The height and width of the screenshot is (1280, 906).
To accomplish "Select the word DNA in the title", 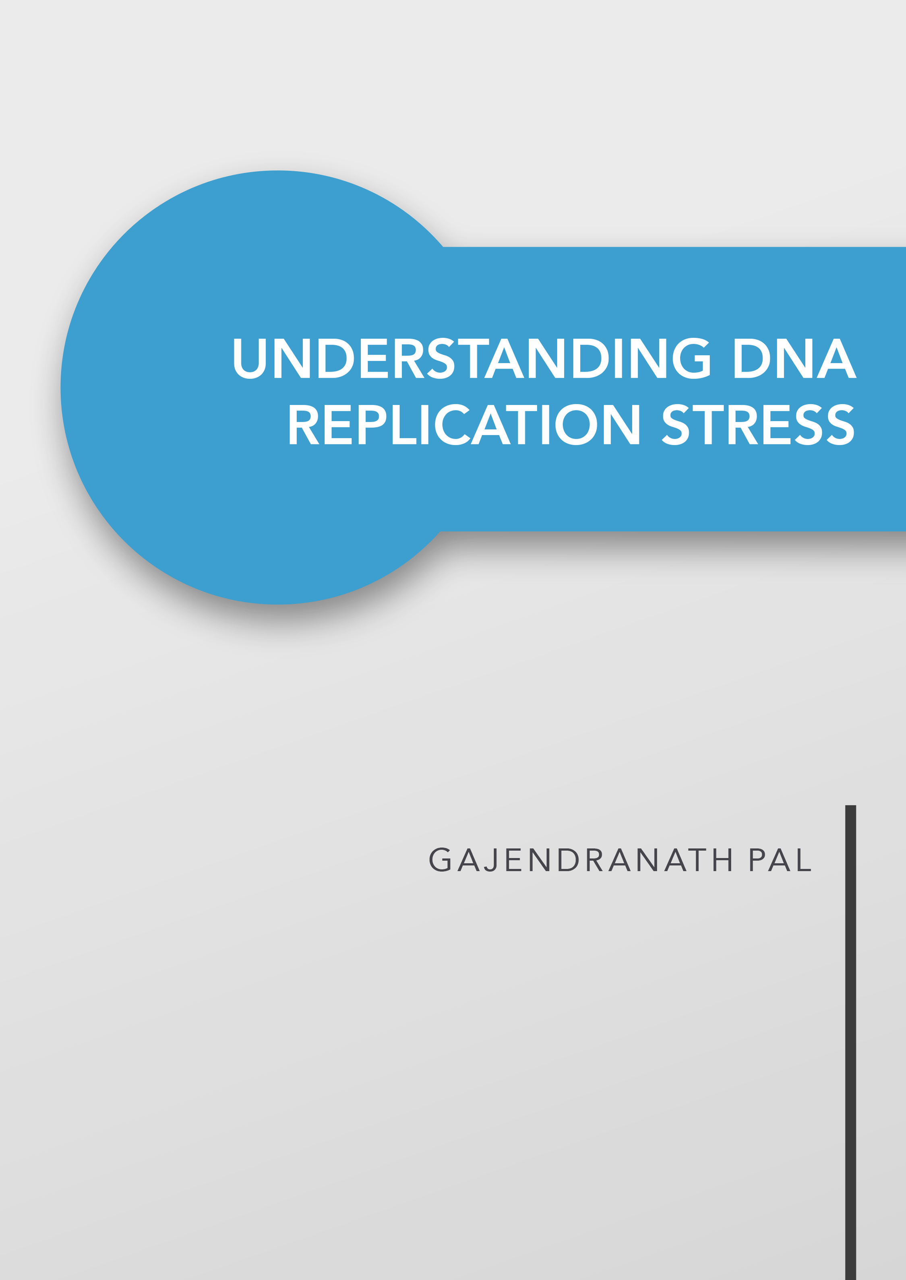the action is pos(795,358).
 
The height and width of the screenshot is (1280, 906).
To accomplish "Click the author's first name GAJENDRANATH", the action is pos(581,859).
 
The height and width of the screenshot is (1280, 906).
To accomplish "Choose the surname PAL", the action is pos(780,859).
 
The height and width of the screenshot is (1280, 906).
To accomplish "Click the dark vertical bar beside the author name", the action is pos(850,1042).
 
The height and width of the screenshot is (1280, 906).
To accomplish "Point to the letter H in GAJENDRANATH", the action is pos(722,859).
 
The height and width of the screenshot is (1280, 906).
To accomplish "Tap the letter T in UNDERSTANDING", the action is pos(473,358).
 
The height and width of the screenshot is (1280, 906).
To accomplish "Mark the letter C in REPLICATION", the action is pos(452,424).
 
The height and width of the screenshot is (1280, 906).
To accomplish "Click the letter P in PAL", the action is pos(757,859).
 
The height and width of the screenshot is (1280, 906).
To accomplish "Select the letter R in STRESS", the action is pos(743,424).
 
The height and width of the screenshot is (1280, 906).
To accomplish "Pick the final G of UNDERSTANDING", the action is pos(692,358).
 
